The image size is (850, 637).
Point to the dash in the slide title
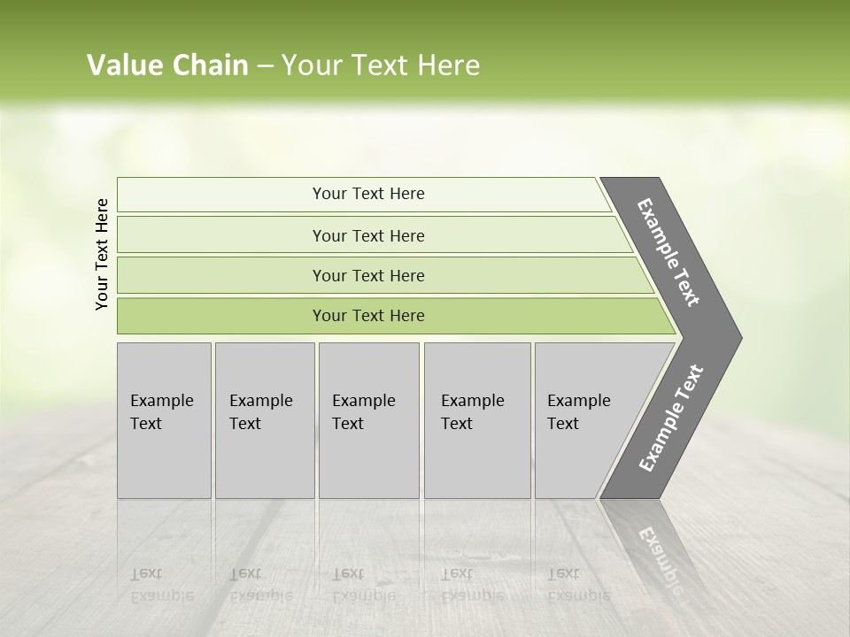265,66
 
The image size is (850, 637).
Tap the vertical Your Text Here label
102,254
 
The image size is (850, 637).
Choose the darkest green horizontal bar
221,316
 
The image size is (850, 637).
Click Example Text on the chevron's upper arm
668,252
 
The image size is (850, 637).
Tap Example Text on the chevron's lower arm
671,418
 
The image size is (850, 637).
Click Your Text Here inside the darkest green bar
368,316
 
